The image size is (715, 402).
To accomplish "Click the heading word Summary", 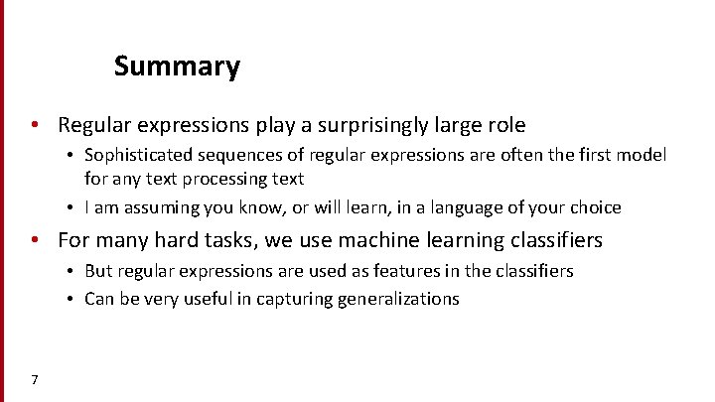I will [177, 67].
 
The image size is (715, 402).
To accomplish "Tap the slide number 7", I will [35, 379].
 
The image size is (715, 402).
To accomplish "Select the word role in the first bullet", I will [503, 125].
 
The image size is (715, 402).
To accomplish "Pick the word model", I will [643, 156].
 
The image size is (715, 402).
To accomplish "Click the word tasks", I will [222, 240].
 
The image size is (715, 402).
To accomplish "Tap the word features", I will [407, 271].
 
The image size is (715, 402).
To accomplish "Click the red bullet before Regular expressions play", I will [35, 126].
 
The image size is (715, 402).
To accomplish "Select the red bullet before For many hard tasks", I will [35, 240].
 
